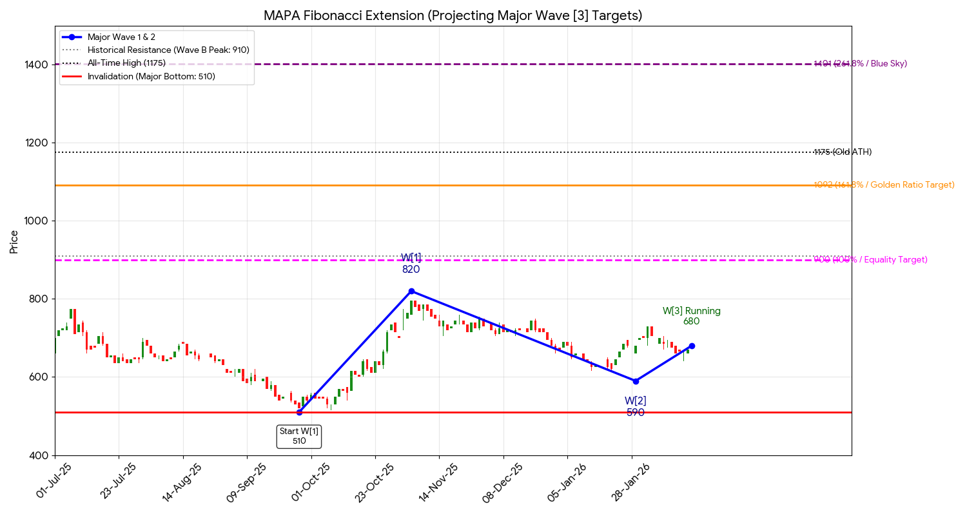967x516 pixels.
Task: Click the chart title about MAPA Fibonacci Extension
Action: point(453,15)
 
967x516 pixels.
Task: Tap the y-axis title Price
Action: point(14,241)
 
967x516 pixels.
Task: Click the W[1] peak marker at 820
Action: point(411,291)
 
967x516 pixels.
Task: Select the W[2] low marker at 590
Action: point(636,381)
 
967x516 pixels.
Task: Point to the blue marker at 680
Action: point(692,346)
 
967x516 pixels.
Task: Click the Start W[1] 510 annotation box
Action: point(299,436)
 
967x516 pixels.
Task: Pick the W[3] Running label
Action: point(691,311)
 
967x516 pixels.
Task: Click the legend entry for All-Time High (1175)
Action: point(126,63)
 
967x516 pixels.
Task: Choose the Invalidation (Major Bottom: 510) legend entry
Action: point(151,76)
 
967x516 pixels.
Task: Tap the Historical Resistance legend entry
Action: point(168,50)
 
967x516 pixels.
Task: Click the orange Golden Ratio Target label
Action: point(884,185)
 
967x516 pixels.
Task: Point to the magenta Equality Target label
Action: point(870,260)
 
